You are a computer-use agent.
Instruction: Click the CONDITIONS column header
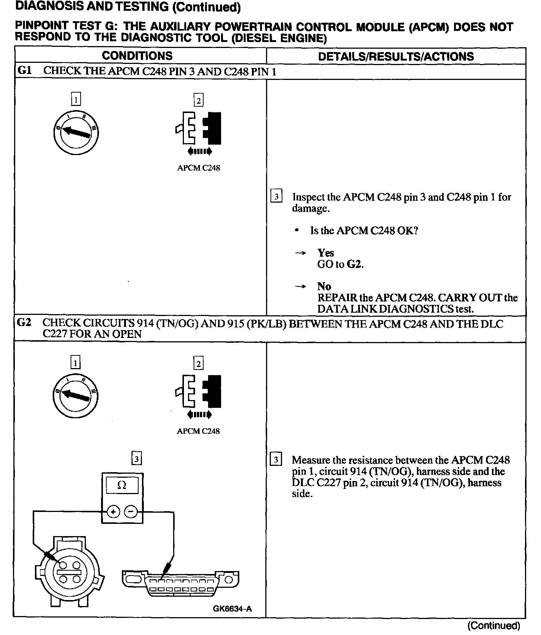tap(137, 56)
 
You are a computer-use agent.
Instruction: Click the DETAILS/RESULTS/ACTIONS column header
tap(396, 57)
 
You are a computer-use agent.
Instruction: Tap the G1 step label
tap(25, 71)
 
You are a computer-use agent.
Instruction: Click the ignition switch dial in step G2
tap(76, 395)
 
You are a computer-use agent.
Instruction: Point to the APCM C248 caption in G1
tap(198, 168)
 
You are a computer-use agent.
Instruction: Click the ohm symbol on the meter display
tap(122, 485)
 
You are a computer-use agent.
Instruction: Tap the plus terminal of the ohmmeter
tap(113, 512)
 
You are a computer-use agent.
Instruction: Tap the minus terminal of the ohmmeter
tap(130, 512)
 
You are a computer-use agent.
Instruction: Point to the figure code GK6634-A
tap(232, 609)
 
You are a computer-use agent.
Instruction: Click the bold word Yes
tap(325, 253)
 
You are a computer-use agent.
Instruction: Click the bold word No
tap(324, 286)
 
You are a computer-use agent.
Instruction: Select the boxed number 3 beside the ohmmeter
tap(137, 459)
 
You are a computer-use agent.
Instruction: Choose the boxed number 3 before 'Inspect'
tap(276, 196)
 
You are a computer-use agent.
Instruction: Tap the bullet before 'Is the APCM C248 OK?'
tap(296, 231)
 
